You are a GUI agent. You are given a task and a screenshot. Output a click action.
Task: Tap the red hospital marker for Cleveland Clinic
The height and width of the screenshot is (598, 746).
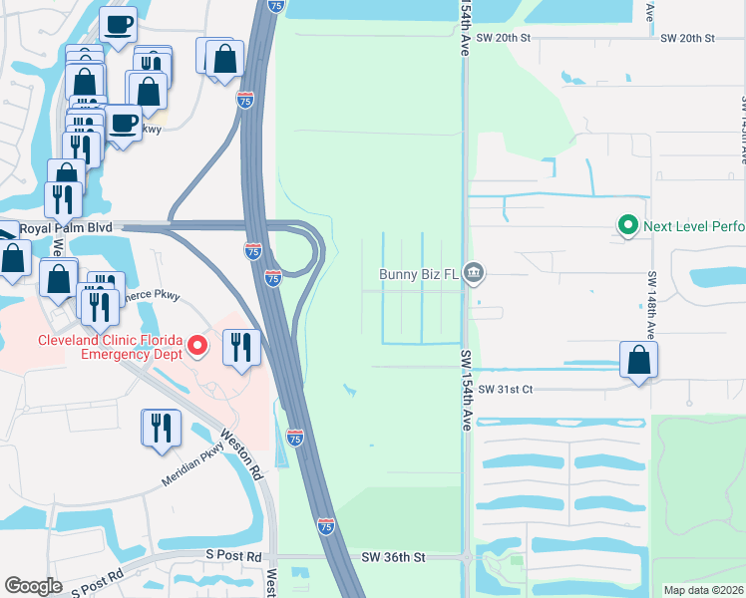coord(197,346)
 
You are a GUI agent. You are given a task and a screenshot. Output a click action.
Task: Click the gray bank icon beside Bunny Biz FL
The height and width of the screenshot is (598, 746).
coord(474,273)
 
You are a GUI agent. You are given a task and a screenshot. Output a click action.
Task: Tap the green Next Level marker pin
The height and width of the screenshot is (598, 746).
coord(627,226)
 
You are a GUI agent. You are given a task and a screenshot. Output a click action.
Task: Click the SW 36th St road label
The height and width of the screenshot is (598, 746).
coord(393,558)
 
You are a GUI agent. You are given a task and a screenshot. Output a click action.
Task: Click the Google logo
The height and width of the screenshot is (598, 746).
coord(33,586)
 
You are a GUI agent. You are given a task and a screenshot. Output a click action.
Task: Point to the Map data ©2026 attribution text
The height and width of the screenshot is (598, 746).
coord(703,590)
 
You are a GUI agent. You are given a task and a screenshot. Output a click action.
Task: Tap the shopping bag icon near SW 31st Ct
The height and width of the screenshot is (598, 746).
coord(638,361)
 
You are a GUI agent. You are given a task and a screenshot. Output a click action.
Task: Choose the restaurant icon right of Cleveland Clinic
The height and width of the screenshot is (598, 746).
coord(241,347)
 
